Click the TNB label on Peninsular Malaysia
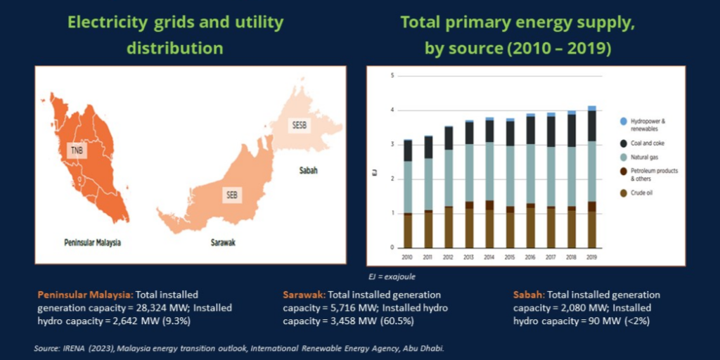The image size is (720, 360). pos(76,150)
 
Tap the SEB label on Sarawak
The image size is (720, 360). pos(231,195)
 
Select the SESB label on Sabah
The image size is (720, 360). pos(300,125)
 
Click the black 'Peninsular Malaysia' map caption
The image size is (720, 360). pos(89,243)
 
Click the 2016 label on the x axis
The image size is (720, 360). pos(531,257)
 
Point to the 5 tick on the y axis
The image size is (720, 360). pos(392,75)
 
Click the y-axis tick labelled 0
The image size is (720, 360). pos(392,247)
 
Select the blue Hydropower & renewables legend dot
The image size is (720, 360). pos(623,122)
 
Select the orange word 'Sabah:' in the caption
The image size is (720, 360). pos(529,295)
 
